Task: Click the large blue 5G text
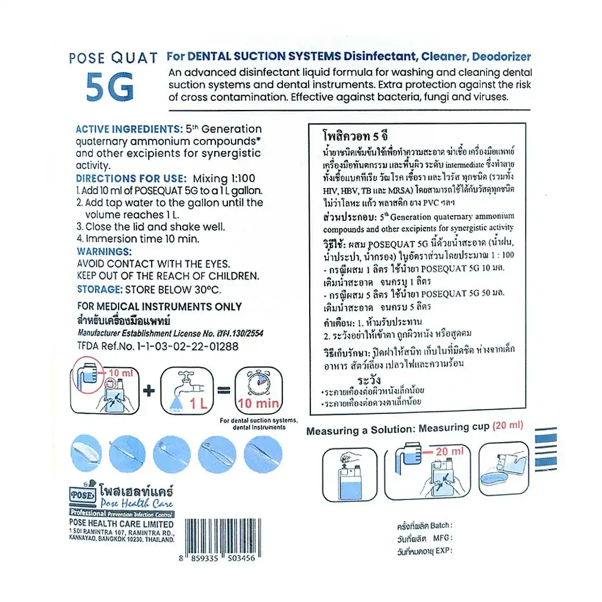coord(110,86)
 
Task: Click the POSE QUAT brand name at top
coord(113,58)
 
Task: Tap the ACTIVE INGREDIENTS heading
coord(129,129)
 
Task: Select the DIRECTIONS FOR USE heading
coord(131,178)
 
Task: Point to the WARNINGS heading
coord(104,251)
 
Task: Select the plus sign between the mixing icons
coord(149,391)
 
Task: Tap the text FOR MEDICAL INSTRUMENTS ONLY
coord(160,307)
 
